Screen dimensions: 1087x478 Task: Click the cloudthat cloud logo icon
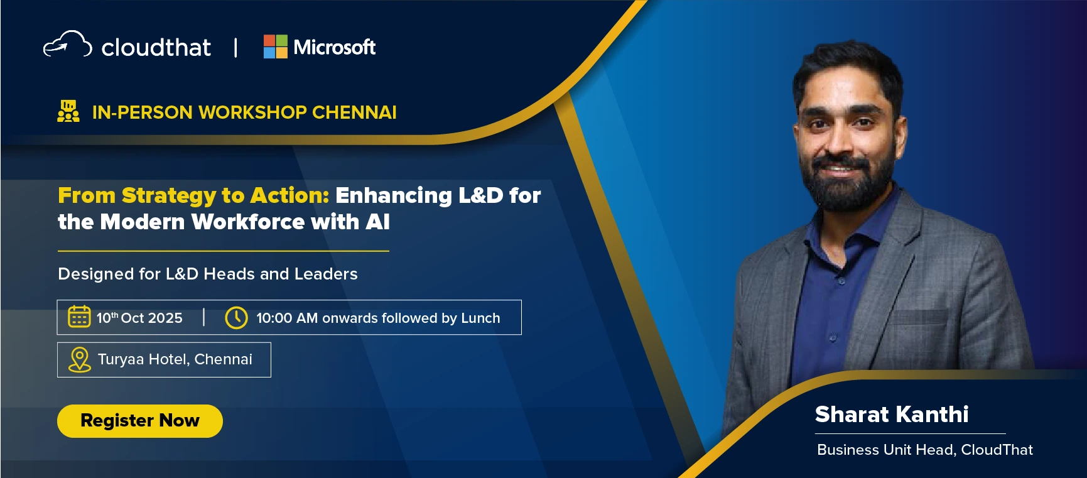(x=67, y=45)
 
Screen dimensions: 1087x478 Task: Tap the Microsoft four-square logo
(x=275, y=46)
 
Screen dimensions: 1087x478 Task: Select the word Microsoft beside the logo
(x=335, y=47)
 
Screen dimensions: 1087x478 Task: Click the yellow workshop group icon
(x=68, y=111)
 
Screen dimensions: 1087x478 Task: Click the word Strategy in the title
(x=168, y=196)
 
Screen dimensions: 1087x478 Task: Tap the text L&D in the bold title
(x=481, y=195)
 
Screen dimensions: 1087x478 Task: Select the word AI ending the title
(x=377, y=222)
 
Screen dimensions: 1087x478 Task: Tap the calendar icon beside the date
(x=79, y=317)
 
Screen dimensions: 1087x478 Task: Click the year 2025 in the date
(x=165, y=318)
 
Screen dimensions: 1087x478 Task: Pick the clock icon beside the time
(x=236, y=318)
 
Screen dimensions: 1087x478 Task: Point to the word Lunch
(x=480, y=318)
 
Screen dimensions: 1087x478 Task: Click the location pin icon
(x=80, y=360)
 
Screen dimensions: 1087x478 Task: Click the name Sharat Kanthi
(x=892, y=415)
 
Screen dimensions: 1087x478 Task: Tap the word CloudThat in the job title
(x=997, y=450)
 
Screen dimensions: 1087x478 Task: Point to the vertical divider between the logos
(x=235, y=48)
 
